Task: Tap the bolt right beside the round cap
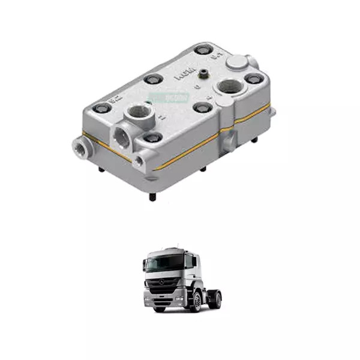251,78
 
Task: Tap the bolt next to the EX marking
103,107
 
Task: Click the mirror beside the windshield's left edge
144,264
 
